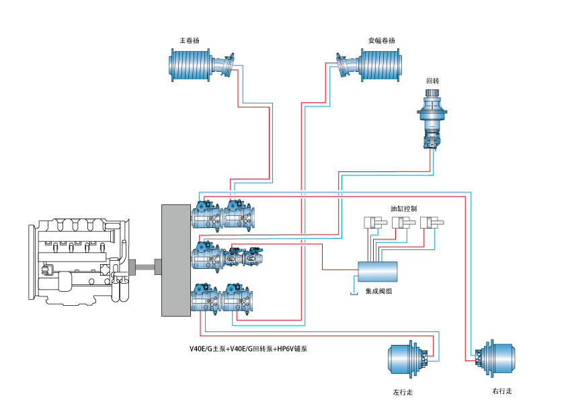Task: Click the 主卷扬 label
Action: pyautogui.click(x=190, y=40)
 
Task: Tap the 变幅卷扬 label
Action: pyautogui.click(x=382, y=40)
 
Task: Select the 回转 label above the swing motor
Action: pyautogui.click(x=432, y=81)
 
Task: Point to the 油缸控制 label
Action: pyautogui.click(x=403, y=208)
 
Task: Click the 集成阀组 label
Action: pyautogui.click(x=378, y=291)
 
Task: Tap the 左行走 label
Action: pyautogui.click(x=403, y=392)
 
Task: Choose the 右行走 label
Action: pyautogui.click(x=502, y=391)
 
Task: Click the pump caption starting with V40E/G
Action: pyautogui.click(x=248, y=349)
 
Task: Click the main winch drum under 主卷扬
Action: pyautogui.click(x=190, y=65)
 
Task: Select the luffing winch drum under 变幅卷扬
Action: pyautogui.click(x=380, y=65)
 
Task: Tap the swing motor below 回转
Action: pyautogui.click(x=432, y=119)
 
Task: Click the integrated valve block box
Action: pyautogui.click(x=378, y=272)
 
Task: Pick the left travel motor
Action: pyautogui.click(x=408, y=359)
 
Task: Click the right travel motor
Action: pyautogui.click(x=495, y=358)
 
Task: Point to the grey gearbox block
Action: pyautogui.click(x=176, y=260)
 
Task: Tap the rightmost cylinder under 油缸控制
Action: pyautogui.click(x=432, y=223)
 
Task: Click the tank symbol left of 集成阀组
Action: pyautogui.click(x=354, y=294)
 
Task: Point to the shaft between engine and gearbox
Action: pyautogui.click(x=145, y=267)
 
